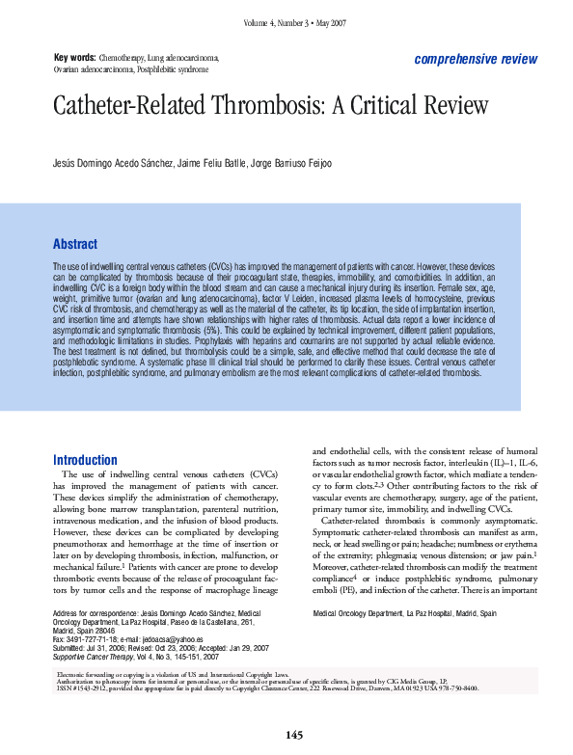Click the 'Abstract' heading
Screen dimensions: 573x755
point(74,244)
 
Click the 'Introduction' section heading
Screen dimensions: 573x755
point(85,460)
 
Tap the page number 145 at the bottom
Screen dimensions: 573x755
point(294,736)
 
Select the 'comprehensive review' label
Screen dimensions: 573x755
point(476,59)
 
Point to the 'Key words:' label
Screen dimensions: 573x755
point(74,58)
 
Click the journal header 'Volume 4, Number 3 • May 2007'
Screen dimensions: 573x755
point(293,22)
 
